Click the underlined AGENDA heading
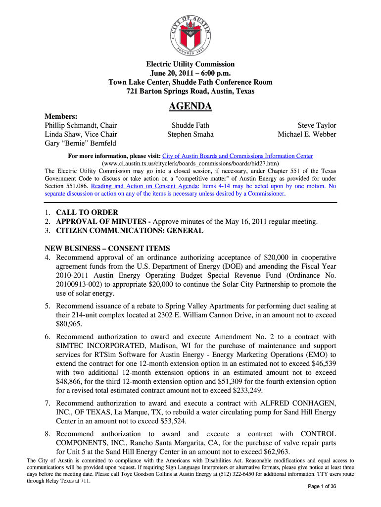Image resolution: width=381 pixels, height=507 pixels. pos(190,106)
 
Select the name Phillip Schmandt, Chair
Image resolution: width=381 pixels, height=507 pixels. pos(81,125)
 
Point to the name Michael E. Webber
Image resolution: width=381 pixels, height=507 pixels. pos(307,134)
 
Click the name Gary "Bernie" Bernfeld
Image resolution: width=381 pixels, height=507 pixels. pos(81,143)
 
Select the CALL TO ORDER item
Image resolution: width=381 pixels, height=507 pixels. pos(87,212)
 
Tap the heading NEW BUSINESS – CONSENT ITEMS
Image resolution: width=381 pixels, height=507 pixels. pos(107,248)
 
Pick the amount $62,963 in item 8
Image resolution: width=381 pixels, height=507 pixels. pos(277,452)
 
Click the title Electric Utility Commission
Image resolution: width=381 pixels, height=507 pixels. pos(190,64)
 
